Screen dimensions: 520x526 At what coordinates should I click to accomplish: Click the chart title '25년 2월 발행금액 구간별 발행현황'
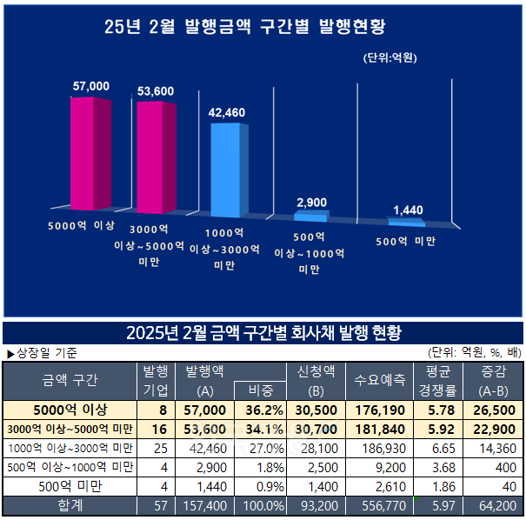(246, 26)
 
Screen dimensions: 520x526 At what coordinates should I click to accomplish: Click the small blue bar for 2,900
(310, 215)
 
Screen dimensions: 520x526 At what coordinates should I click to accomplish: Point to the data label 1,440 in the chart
(409, 210)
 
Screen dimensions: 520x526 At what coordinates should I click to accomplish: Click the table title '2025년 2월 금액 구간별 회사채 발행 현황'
(263, 333)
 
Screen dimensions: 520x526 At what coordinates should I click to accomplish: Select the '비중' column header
(259, 390)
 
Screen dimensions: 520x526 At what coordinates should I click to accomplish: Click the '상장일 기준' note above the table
(41, 353)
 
